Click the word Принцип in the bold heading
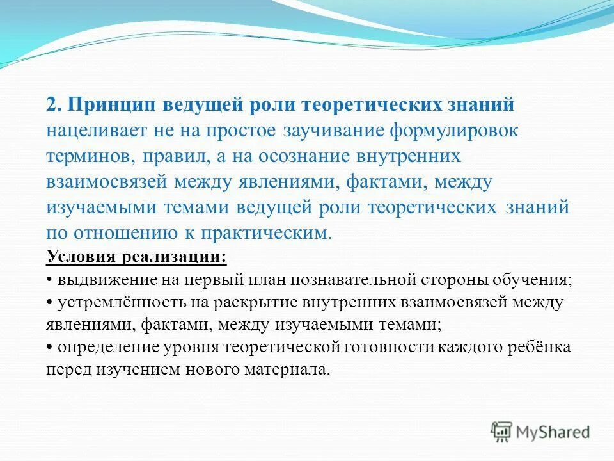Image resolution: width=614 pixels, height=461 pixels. coord(114,104)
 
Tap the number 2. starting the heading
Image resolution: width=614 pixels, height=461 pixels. coord(53,104)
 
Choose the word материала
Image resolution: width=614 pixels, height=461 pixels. coord(292,369)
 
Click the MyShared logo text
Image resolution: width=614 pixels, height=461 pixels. coord(553,432)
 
